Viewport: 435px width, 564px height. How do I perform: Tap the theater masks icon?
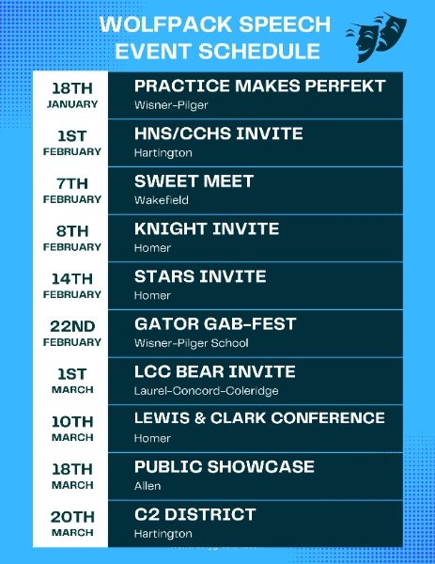377,37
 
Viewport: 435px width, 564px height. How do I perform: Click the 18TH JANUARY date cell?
72,95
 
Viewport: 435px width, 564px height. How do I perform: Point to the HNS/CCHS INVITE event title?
219,133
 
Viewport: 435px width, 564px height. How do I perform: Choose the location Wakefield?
162,200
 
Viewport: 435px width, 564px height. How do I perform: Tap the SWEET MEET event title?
194,181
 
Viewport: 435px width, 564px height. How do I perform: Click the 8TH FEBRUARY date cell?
72,238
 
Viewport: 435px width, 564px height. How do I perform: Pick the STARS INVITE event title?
200,276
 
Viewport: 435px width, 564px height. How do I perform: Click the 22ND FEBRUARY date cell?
72,334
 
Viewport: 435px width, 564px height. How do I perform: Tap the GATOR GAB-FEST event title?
215,324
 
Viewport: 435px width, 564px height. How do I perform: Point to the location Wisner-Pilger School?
192,343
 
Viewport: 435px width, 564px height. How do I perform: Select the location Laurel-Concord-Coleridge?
207,391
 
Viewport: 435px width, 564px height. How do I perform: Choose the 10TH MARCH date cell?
72,429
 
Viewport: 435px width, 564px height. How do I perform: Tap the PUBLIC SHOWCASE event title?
225,467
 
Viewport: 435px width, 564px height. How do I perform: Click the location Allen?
148,486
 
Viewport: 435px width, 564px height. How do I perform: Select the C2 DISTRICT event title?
194,514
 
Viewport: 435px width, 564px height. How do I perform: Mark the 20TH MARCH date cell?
72,524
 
